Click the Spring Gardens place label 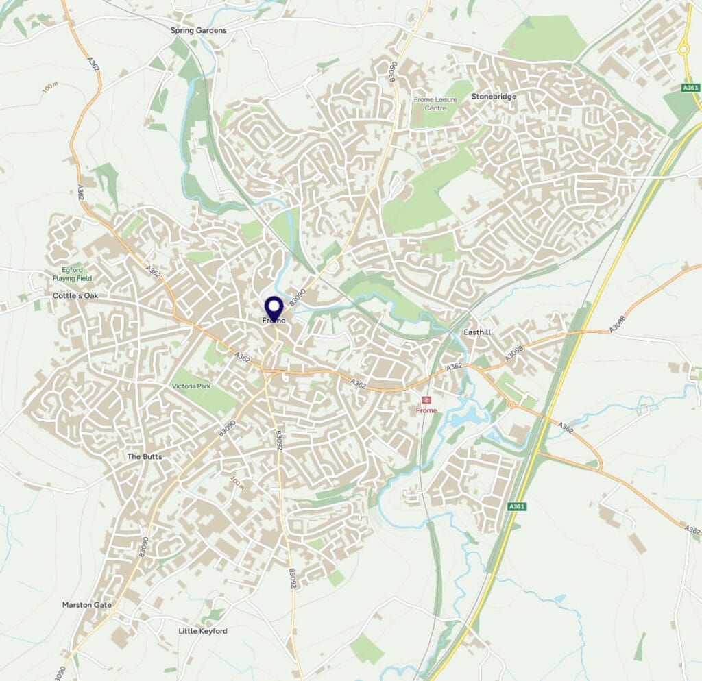pos(198,31)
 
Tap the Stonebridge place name pos(494,97)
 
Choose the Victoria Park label pos(191,387)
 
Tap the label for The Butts pos(144,456)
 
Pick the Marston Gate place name pos(87,605)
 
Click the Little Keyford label pos(202,631)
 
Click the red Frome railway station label pos(426,410)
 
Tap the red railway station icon pos(426,399)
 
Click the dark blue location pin pos(274,309)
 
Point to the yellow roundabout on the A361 pos(683,49)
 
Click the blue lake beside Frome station pos(468,415)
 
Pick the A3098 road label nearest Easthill pos(513,354)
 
